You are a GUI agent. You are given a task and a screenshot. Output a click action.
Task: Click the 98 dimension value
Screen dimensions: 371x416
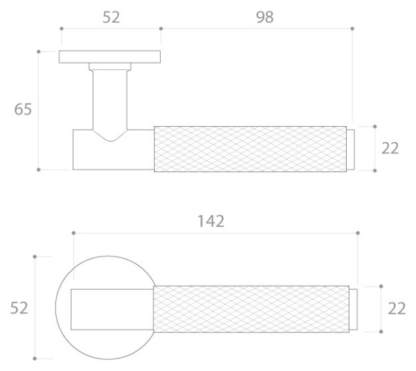(x=264, y=17)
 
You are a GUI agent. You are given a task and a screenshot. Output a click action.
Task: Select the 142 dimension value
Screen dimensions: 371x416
(x=211, y=221)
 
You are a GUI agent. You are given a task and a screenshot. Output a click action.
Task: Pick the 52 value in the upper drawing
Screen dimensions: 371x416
(x=111, y=17)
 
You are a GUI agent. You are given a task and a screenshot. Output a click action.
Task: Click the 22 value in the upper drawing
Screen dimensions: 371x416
(x=390, y=148)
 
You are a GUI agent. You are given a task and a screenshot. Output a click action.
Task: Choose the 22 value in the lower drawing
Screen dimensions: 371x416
(x=397, y=309)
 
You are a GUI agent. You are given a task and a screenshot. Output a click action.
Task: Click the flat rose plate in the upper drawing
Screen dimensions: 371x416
(x=110, y=57)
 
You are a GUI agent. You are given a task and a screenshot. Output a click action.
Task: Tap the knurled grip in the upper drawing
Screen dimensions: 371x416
(x=250, y=148)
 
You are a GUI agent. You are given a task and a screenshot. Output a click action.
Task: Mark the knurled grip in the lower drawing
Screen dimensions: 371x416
(x=250, y=309)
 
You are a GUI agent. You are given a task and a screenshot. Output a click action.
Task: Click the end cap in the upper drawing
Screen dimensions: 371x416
(x=351, y=148)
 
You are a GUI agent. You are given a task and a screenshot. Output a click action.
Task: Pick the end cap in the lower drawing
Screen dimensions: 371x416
(x=354, y=309)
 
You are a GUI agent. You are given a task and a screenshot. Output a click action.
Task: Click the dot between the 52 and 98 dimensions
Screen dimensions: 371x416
(x=161, y=28)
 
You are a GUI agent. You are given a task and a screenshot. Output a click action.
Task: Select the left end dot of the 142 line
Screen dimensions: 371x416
(x=73, y=233)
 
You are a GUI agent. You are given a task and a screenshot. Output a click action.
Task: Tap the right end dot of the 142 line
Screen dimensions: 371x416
(x=358, y=233)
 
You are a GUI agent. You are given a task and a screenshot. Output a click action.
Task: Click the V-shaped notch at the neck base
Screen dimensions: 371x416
(x=110, y=137)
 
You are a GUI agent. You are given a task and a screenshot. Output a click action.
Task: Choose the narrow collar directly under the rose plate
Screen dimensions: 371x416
(x=110, y=67)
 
